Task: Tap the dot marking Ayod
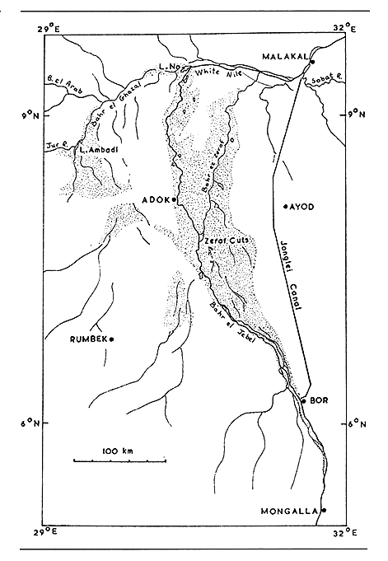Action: pos(284,206)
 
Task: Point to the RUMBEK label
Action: pos(89,338)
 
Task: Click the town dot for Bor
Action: pos(304,400)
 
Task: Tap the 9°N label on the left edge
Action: pos(31,113)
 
